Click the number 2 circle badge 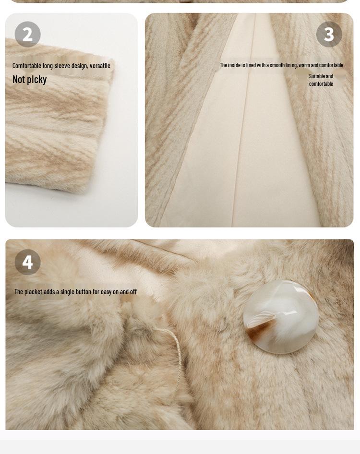pos(27,34)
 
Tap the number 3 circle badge pos(329,34)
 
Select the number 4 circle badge pos(27,262)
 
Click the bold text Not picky pos(29,80)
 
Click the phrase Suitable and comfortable pos(321,80)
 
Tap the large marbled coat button pos(281,317)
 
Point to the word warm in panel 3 pos(304,65)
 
